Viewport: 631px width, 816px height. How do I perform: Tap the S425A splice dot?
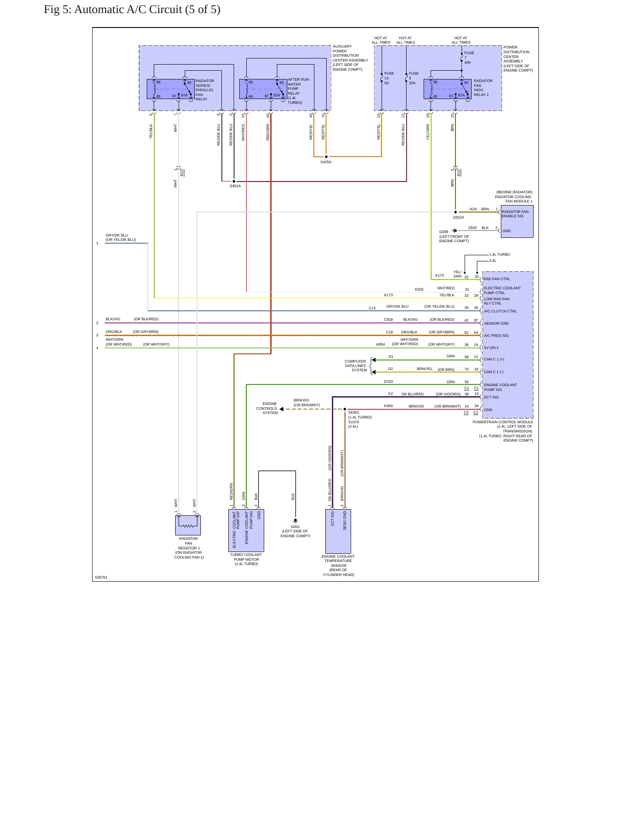pos(326,157)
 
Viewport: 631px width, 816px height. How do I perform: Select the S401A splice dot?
pos(234,181)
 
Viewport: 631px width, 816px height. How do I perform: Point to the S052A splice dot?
pos(455,213)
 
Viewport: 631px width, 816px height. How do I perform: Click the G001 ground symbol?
pos(296,521)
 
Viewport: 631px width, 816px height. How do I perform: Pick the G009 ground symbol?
pos(455,231)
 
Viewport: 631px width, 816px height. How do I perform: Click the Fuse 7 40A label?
pos(469,58)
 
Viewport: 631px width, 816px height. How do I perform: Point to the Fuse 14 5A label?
pos(389,78)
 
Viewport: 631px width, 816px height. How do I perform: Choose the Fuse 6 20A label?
pos(414,78)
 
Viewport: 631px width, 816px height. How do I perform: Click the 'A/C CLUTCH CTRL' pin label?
pos(500,312)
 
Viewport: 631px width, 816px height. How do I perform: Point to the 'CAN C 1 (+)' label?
pos(494,360)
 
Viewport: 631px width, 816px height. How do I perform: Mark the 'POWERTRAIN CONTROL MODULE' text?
pos(503,422)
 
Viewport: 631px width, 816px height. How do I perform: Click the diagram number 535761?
pos(101,577)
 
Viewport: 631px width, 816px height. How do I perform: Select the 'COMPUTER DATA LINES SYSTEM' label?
pos(355,366)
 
